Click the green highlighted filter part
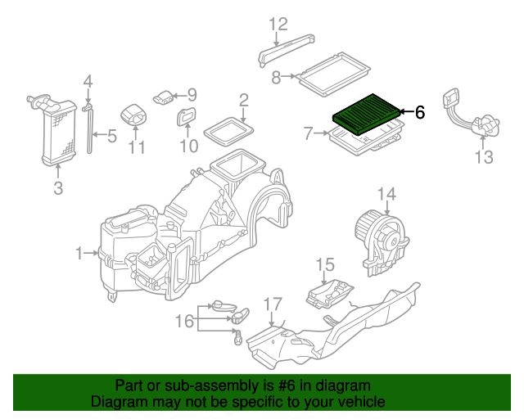point(366,115)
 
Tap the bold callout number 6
point(420,112)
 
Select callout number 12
point(278,24)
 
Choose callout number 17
point(273,304)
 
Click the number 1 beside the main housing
point(79,253)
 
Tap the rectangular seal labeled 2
point(228,132)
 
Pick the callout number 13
point(484,157)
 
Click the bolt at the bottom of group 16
point(237,338)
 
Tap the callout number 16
point(184,321)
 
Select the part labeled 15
point(329,294)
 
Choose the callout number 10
point(189,146)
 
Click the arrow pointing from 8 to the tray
point(289,76)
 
